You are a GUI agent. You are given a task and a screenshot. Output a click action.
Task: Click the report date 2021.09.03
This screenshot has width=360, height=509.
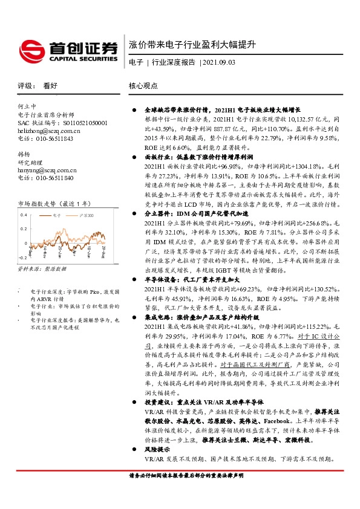pyautogui.click(x=220, y=62)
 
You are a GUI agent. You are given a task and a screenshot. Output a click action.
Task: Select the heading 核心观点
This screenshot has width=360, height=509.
pyautogui.click(x=143, y=86)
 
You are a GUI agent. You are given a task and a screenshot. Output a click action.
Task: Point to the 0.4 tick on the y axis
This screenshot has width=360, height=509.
pyautogui.click(x=24, y=215)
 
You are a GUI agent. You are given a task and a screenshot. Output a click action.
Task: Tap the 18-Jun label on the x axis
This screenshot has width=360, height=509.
pyautogui.click(x=90, y=252)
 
